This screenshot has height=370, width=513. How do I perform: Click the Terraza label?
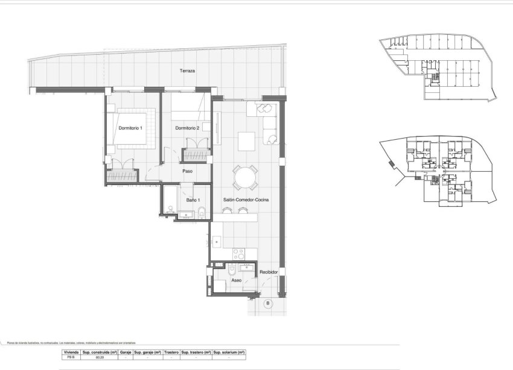[x=187, y=71]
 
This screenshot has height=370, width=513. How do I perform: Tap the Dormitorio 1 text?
[x=130, y=128]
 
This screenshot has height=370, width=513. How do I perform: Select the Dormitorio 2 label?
[x=187, y=128]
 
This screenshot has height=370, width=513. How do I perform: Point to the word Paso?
[x=187, y=171]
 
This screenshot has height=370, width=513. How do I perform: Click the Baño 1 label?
[x=193, y=199]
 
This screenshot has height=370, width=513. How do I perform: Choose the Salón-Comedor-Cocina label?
[x=246, y=199]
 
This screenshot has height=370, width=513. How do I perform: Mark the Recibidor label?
[x=269, y=273]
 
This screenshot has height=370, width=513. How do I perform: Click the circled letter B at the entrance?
[x=267, y=303]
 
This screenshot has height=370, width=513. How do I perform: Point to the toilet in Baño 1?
[x=202, y=212]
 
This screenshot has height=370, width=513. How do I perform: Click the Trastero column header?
[x=171, y=351]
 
